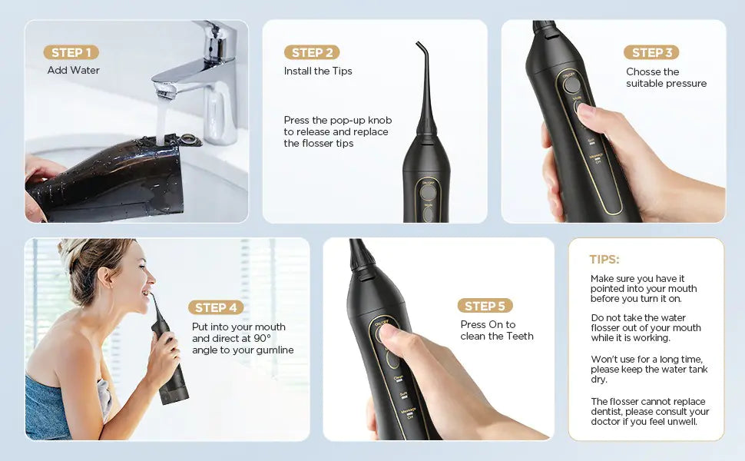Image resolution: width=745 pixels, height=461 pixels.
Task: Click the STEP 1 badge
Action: (x=71, y=52)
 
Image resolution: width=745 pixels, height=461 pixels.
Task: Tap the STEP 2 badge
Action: (x=312, y=52)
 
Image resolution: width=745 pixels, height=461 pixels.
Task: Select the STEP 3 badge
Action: (x=651, y=52)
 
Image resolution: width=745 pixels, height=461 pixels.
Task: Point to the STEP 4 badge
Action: (x=216, y=307)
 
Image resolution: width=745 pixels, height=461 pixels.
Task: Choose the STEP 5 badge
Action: (x=485, y=306)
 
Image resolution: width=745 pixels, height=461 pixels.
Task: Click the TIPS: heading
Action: (x=604, y=260)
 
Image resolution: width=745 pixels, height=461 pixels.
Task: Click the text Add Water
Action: (x=74, y=71)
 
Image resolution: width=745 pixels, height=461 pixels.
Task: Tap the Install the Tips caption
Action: (x=318, y=71)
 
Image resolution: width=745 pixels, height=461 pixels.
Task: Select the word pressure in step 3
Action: (x=687, y=84)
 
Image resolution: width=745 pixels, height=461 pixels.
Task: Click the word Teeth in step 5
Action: (x=519, y=337)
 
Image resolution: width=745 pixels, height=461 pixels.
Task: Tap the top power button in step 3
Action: (x=571, y=85)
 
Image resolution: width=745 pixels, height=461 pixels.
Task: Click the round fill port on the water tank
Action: (x=187, y=139)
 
